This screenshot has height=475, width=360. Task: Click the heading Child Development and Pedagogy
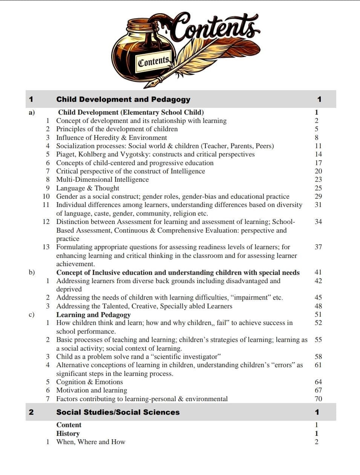(x=123, y=100)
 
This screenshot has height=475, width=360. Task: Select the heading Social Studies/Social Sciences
(x=118, y=412)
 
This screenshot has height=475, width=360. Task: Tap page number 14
(x=318, y=154)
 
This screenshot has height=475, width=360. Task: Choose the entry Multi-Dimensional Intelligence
(x=103, y=179)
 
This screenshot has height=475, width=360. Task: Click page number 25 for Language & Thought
(x=318, y=188)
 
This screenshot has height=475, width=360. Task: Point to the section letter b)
(x=32, y=272)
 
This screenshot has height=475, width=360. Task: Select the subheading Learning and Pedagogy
(x=93, y=315)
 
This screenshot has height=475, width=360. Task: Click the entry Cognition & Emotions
(x=89, y=382)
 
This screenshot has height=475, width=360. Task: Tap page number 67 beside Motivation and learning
(x=318, y=390)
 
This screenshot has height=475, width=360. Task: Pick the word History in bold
(x=68, y=434)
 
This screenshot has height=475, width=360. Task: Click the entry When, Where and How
(x=90, y=442)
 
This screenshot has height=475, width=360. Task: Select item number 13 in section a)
(x=46, y=247)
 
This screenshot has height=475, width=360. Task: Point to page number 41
(x=318, y=272)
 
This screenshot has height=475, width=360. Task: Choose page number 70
(x=318, y=399)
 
